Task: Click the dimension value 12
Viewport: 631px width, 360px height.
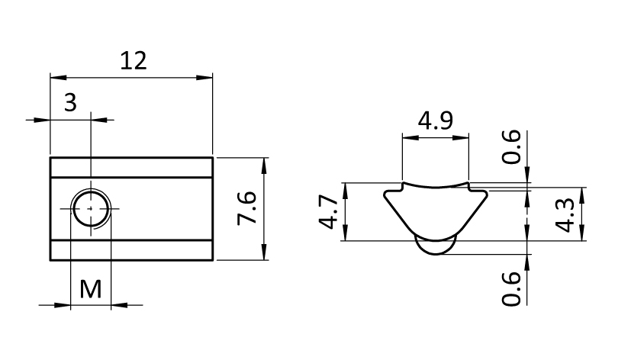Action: [134, 61]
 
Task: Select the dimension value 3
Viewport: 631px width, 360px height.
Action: [70, 102]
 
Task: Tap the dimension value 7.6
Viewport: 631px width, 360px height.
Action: [246, 208]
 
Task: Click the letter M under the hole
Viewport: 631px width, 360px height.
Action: [91, 289]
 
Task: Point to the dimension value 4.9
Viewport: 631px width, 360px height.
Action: [436, 121]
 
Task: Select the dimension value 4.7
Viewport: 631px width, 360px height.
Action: [328, 211]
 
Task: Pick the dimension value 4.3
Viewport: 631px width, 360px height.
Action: [565, 214]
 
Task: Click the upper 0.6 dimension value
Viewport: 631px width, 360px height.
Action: [511, 146]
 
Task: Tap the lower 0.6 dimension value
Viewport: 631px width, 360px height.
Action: [511, 289]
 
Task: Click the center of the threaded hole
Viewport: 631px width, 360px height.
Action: [91, 209]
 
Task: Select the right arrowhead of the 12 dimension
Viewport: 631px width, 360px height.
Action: [204, 77]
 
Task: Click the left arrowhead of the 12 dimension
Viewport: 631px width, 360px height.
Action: [58, 77]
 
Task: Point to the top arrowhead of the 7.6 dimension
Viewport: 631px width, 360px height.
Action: [264, 166]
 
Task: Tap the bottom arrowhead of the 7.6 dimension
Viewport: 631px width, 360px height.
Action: [264, 252]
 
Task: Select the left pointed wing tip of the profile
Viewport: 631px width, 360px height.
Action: [385, 194]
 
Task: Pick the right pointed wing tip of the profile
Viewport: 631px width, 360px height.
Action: [487, 194]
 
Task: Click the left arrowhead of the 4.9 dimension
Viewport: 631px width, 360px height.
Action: [410, 138]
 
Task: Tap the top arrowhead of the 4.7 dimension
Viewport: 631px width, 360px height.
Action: [345, 191]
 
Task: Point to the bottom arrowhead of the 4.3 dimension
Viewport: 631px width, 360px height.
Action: [582, 233]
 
